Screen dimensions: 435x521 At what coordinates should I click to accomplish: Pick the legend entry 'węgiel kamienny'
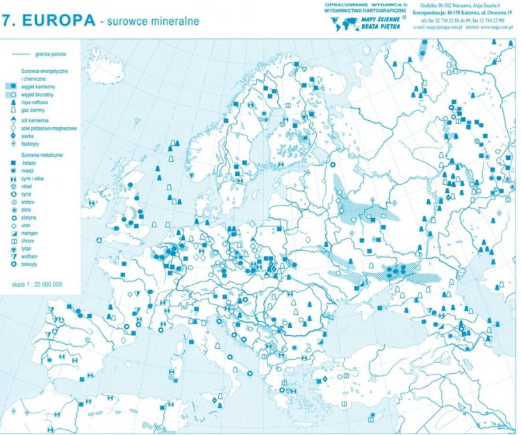[38, 86]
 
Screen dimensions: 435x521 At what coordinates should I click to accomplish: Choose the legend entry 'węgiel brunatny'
[38, 94]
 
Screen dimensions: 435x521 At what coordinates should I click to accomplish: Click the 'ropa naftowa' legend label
[35, 101]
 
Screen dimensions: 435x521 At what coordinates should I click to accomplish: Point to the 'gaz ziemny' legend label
[33, 109]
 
